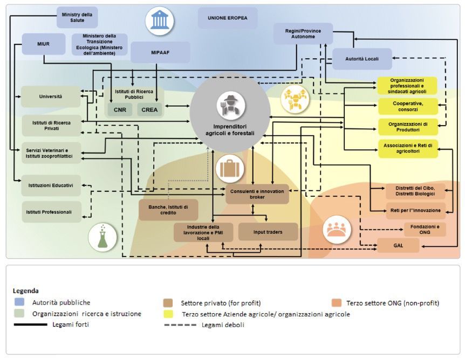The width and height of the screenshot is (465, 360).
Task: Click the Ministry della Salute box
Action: point(77,17)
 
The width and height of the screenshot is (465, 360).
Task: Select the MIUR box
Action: point(44,44)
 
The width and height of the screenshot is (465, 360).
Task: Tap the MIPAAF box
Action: point(160,53)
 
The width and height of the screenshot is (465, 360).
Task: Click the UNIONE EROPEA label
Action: point(227,18)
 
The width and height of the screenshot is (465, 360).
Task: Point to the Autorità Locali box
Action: point(361,59)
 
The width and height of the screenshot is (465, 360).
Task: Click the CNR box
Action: point(120,109)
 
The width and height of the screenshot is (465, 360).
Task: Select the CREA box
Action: point(149,109)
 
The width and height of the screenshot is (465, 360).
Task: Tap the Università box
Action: point(51,96)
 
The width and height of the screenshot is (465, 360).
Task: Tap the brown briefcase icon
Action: point(229,169)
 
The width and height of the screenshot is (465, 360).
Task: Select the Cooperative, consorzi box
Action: point(407,106)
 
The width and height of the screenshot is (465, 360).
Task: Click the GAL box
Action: point(398,245)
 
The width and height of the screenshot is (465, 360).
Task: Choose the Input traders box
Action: point(268,232)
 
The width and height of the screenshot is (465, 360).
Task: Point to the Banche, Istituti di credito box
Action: point(168,210)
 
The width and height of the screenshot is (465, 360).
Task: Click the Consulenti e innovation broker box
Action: point(257,194)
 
